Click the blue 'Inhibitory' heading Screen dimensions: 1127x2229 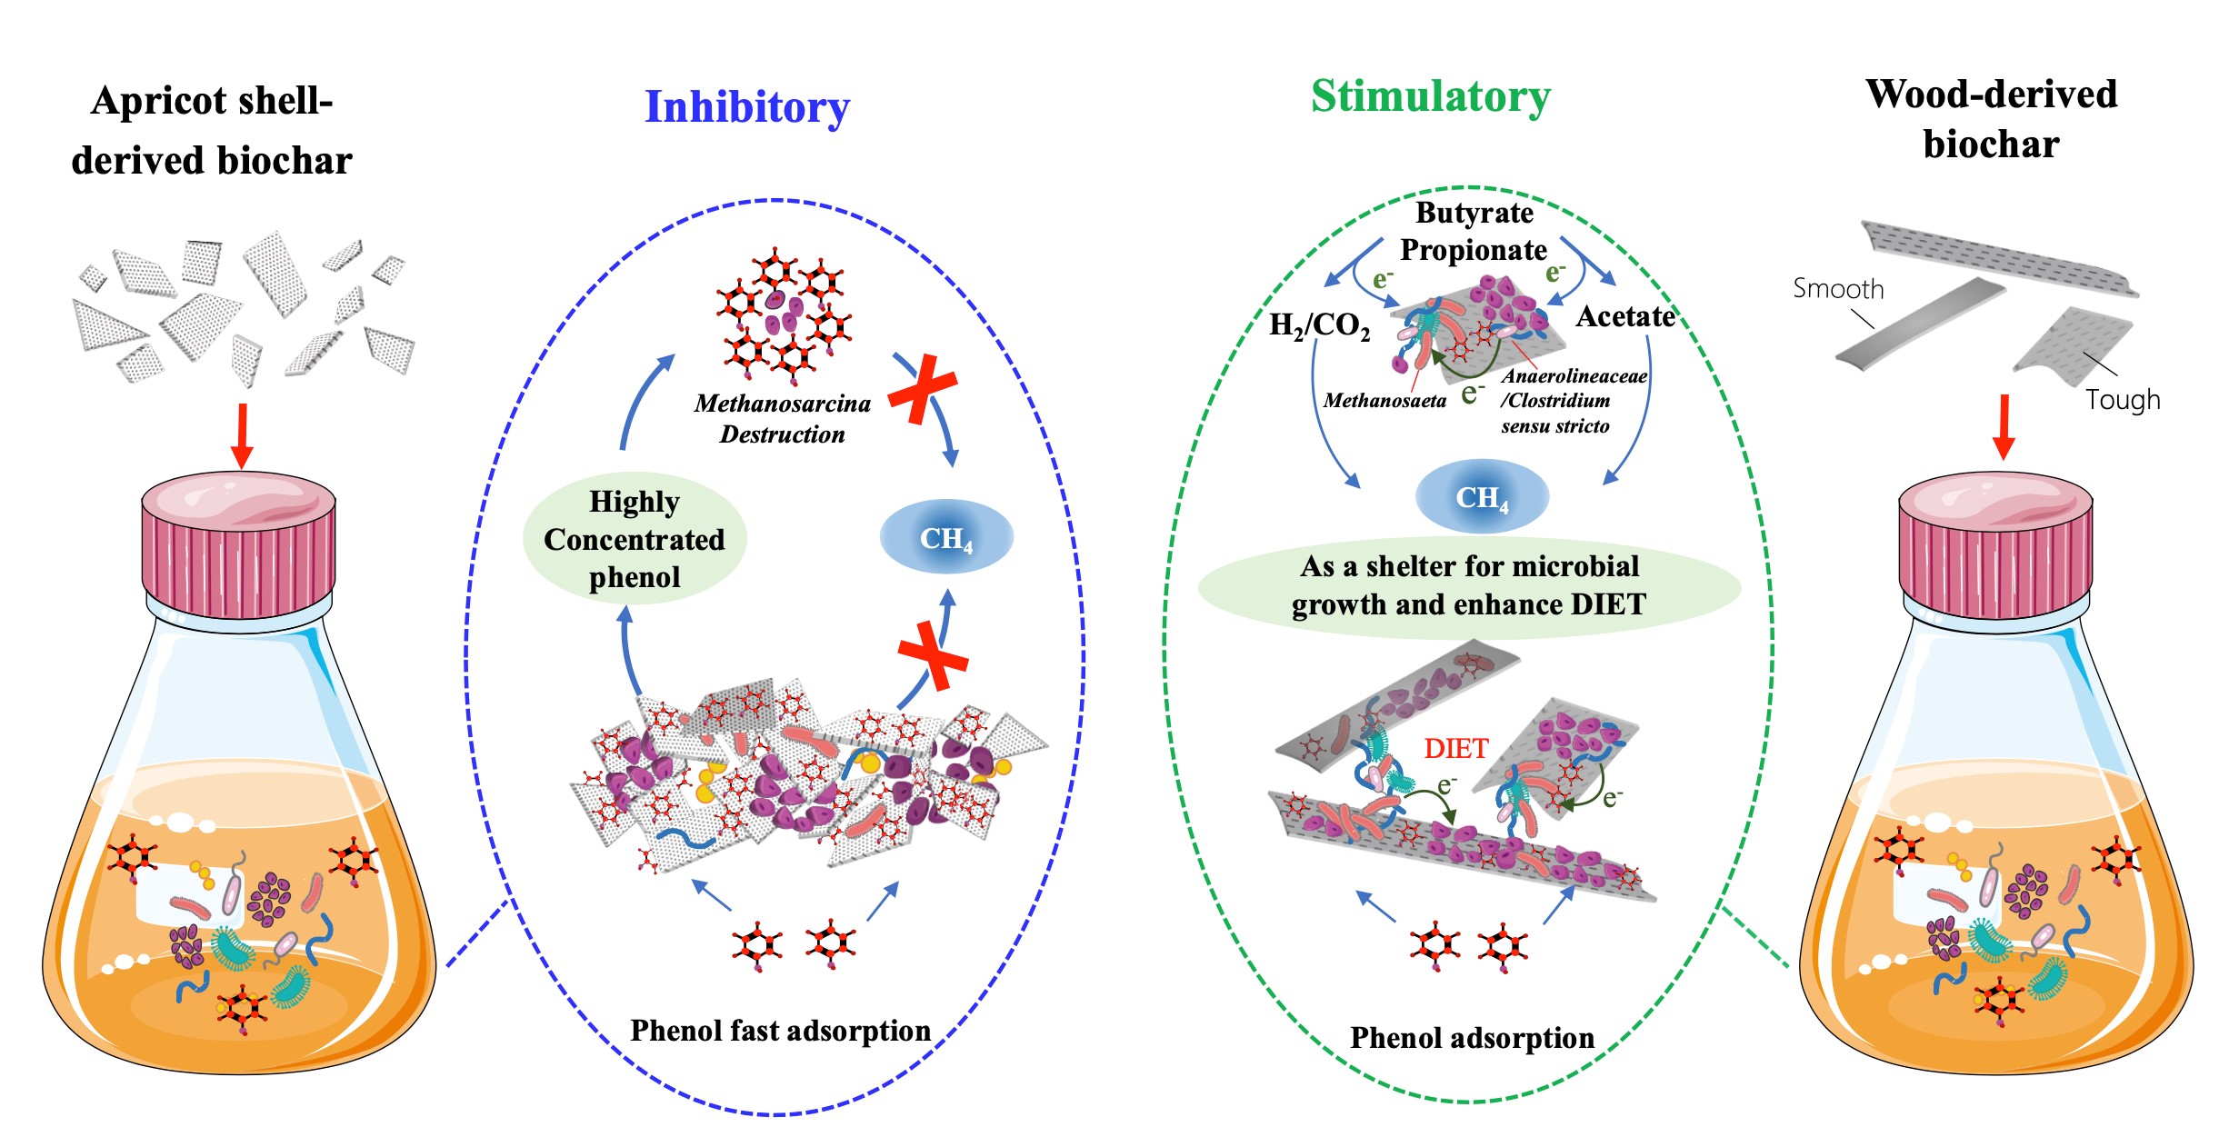(747, 107)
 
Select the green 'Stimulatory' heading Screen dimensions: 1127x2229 (1431, 96)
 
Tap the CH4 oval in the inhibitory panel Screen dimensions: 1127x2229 (945, 538)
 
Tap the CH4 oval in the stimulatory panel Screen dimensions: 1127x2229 (1482, 497)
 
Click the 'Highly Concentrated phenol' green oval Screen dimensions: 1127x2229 (635, 539)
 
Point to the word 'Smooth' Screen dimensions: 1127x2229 (1838, 289)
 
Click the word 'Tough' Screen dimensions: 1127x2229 (2123, 400)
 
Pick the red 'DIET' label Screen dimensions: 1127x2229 (1455, 748)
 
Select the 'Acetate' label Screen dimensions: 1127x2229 (1625, 316)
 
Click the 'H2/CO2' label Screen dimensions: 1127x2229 (1319, 324)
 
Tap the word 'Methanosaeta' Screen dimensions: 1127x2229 (1384, 401)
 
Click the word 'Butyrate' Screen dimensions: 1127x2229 (1474, 213)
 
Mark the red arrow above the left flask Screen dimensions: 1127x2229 (241, 434)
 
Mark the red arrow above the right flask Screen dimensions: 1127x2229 (2004, 426)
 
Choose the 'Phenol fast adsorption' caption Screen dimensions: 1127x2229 (780, 1031)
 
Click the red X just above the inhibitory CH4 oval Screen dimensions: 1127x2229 (922, 389)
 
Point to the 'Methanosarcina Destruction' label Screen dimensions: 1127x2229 (782, 418)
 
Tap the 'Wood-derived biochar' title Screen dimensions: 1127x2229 (1991, 119)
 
